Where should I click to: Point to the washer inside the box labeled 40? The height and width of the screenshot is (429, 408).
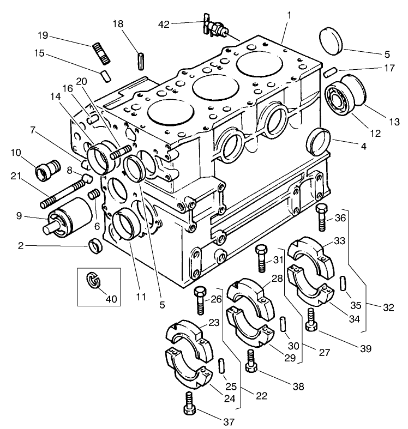(x=93, y=281)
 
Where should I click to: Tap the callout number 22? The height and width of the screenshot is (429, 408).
(x=262, y=395)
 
